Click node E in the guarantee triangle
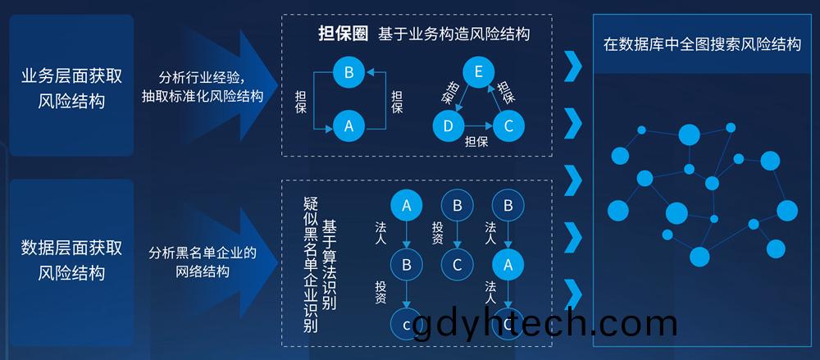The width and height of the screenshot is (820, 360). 477,72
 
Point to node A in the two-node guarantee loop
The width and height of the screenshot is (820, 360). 348,125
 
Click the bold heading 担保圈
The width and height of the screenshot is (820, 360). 343,34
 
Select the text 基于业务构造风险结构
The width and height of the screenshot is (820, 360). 454,34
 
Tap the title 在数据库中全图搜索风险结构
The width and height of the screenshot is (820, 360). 702,44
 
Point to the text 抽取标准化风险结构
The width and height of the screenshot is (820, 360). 203,96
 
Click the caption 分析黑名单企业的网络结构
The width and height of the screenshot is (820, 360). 203,262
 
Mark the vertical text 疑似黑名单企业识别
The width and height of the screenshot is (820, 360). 311,265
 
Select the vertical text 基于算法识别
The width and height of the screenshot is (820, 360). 329,265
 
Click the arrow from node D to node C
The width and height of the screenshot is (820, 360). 479,125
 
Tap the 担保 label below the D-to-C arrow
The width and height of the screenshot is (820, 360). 476,140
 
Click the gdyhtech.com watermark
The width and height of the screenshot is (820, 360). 545,323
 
